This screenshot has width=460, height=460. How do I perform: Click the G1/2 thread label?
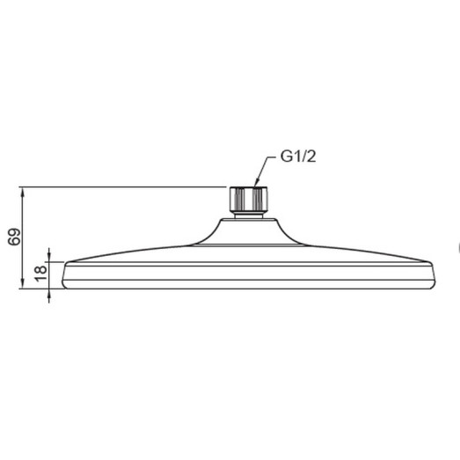point(297,158)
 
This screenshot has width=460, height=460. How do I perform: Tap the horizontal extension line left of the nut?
point(123,186)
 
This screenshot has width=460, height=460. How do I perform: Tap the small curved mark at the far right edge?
point(457,248)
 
